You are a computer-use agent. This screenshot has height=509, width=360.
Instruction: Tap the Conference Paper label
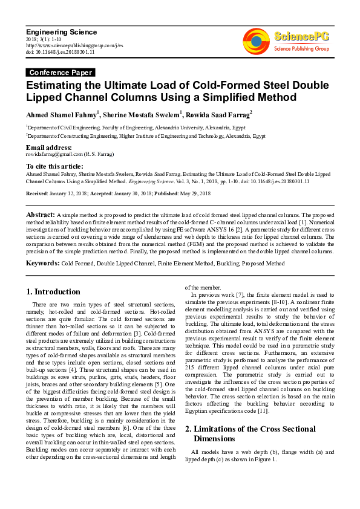[57, 73]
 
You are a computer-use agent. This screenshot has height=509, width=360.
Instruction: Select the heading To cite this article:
[54, 166]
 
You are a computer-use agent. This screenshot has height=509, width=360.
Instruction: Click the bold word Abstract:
[40, 215]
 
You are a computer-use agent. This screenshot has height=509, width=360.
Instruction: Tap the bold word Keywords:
[42, 264]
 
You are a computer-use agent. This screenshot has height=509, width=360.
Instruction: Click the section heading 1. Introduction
[54, 292]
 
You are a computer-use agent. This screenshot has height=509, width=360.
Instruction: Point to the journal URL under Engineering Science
[74, 45]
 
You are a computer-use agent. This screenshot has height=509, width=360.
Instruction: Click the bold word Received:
[38, 193]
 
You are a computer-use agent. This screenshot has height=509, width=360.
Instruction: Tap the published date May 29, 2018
[193, 193]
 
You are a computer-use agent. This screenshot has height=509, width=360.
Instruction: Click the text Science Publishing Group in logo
[301, 48]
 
